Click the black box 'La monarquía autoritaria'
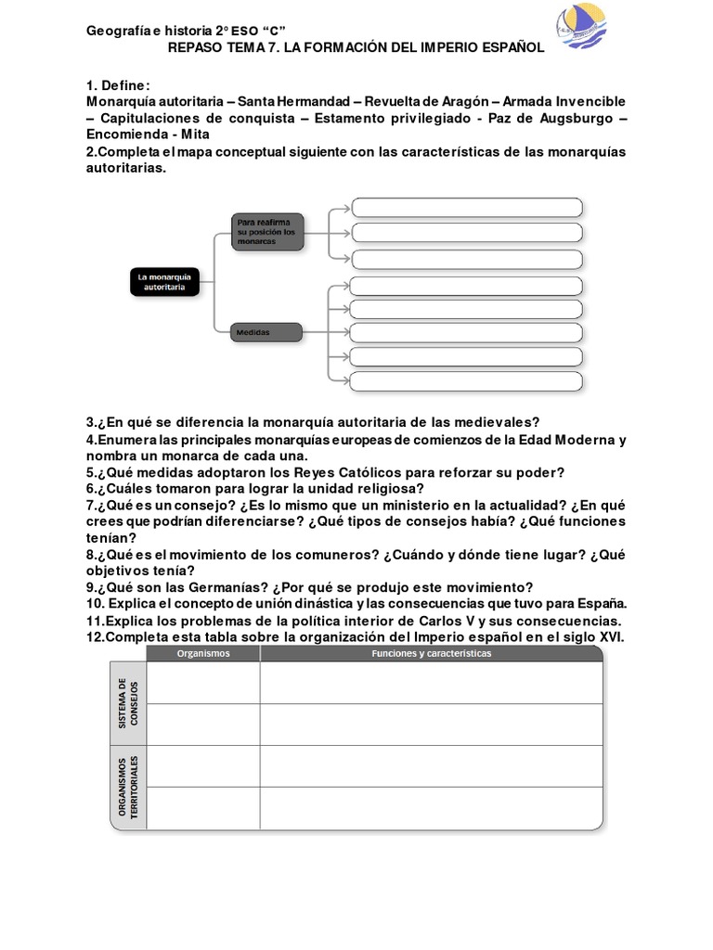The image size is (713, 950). click(164, 282)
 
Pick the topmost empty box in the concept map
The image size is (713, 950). click(467, 207)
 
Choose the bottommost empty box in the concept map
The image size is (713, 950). click(467, 380)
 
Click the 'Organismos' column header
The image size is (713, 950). click(203, 653)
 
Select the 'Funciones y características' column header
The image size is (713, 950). click(431, 653)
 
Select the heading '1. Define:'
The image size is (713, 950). click(117, 84)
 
